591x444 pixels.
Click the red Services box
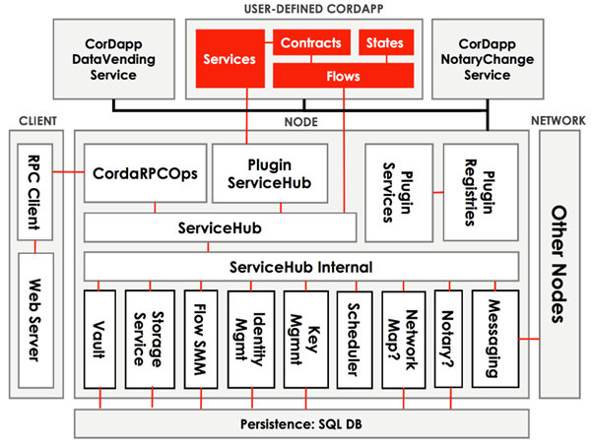tap(229, 59)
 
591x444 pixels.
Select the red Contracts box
tap(310, 43)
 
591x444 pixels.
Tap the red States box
tap(385, 43)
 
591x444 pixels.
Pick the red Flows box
tap(343, 75)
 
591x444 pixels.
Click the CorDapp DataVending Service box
tap(110, 59)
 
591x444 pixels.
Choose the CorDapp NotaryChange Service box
tap(486, 59)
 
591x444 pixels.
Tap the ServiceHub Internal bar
tap(301, 267)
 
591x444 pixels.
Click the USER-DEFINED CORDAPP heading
tap(301, 10)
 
